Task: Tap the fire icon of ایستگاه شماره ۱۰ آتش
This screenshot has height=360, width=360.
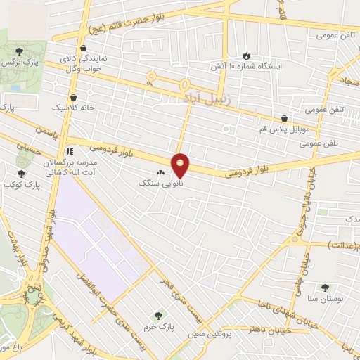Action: click(245, 56)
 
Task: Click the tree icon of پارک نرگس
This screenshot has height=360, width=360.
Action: click(20, 51)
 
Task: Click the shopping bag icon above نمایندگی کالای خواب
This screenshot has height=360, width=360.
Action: click(84, 49)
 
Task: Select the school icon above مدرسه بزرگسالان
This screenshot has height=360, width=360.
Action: click(69, 151)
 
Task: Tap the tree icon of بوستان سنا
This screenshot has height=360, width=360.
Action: click(324, 288)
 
